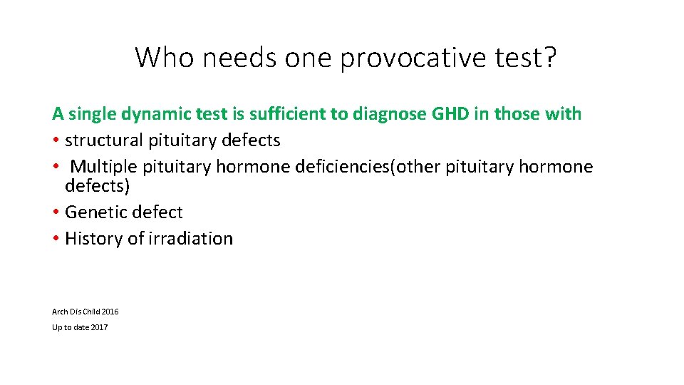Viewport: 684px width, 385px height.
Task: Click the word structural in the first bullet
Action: pyautogui.click(x=104, y=140)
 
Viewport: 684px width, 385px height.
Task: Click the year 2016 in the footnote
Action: pyautogui.click(x=110, y=312)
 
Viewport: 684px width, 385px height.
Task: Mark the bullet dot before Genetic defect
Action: pyautogui.click(x=56, y=212)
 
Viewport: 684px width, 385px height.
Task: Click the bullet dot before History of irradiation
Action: pyautogui.click(x=56, y=239)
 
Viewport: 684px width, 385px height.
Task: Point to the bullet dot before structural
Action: pyautogui.click(x=56, y=141)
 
